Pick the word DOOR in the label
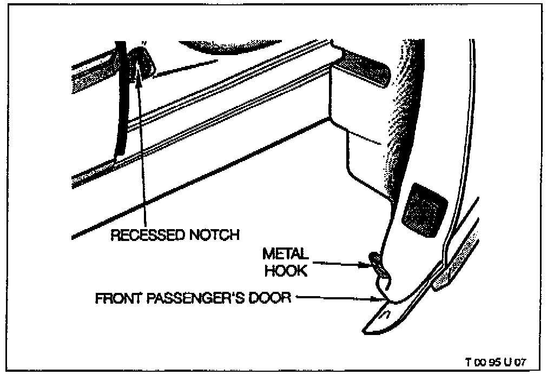click(271, 298)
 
